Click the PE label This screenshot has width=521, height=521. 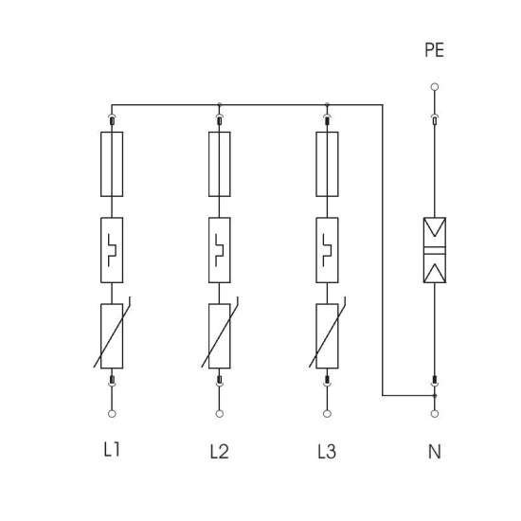coord(434,50)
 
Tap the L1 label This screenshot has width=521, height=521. coord(112,450)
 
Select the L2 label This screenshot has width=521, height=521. coord(220,452)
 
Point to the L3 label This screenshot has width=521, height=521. coord(327,452)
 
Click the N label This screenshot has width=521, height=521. coord(435,452)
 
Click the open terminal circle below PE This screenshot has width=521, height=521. coord(435,87)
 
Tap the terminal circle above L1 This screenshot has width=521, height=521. coord(112,414)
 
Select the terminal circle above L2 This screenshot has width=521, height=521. coord(220,414)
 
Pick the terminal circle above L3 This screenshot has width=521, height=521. coord(327,414)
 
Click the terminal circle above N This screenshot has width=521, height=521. coord(435,414)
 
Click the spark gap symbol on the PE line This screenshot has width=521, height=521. coord(435,250)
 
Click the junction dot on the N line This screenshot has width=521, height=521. coord(435,396)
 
